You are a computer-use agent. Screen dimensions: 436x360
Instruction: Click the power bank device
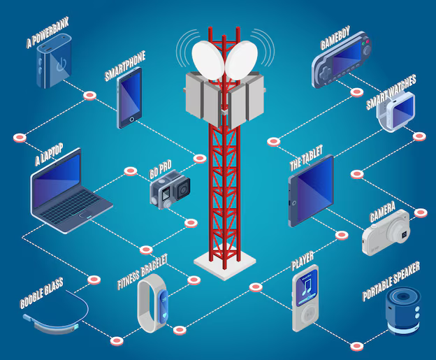(x=54, y=61)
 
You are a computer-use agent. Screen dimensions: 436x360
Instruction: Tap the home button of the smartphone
(x=132, y=120)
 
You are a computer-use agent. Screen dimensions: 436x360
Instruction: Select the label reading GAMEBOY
(x=335, y=38)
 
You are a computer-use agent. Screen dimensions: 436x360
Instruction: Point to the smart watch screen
(x=402, y=110)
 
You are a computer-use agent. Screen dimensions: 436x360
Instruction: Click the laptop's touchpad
(x=84, y=215)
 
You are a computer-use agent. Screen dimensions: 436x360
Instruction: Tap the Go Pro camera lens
(x=182, y=189)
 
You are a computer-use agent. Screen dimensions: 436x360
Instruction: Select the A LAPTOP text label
(x=49, y=154)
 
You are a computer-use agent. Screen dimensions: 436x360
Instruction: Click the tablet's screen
(x=315, y=189)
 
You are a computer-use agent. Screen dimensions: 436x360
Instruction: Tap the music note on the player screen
(x=307, y=287)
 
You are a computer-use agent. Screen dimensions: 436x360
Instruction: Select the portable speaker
(x=403, y=311)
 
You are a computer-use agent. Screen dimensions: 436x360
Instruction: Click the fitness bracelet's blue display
(x=163, y=307)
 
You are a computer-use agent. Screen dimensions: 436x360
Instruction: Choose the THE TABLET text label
(x=306, y=158)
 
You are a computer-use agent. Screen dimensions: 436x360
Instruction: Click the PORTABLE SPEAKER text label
(x=391, y=282)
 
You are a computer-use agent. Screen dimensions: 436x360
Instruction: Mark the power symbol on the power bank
(x=61, y=64)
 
